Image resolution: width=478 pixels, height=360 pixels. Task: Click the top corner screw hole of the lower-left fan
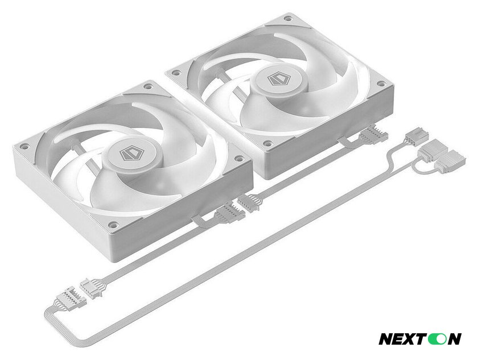pyautogui.click(x=148, y=86)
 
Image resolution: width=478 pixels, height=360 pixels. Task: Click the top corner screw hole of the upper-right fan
pyautogui.click(x=288, y=19)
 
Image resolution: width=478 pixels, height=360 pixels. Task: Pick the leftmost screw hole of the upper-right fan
pyautogui.click(x=174, y=73)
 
